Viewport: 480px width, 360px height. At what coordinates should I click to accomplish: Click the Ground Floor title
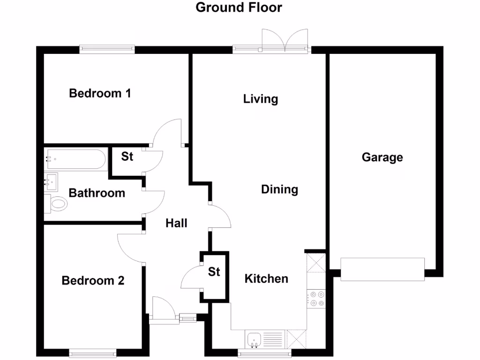[x=239, y=7]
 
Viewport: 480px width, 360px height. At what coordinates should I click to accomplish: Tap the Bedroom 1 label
[x=100, y=93]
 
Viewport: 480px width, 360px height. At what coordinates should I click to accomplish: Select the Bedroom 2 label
[x=93, y=281]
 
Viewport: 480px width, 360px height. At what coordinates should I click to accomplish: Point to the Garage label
[x=382, y=157]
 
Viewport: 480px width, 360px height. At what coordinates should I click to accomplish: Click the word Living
[x=261, y=99]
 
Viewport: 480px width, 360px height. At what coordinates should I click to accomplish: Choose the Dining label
[x=279, y=189]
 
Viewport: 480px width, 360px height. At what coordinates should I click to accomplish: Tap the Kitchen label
[x=266, y=279]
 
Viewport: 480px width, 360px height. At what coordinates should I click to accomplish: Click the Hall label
[x=176, y=223]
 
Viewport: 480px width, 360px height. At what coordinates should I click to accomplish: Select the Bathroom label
[x=97, y=193]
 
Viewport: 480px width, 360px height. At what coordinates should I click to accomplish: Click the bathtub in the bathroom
[x=75, y=159]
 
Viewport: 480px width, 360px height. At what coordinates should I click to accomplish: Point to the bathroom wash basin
[x=51, y=181]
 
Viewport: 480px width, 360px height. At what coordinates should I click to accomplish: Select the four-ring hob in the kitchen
[x=316, y=299]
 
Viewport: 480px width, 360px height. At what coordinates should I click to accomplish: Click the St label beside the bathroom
[x=127, y=157]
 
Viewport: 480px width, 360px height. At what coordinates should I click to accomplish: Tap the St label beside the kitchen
[x=214, y=271]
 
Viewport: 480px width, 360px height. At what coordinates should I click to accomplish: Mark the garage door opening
[x=382, y=270]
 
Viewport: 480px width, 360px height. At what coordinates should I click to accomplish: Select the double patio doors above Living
[x=285, y=40]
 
